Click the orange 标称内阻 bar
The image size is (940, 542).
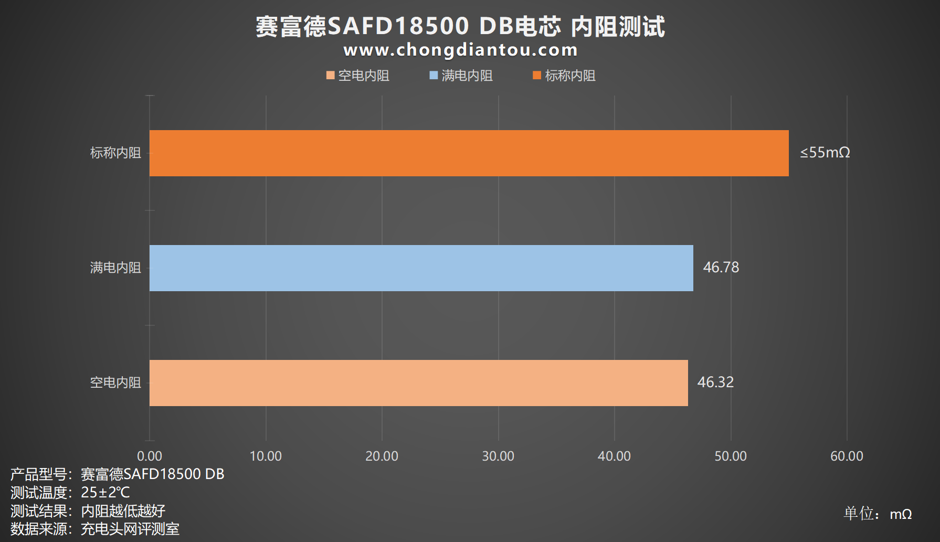pos(469,153)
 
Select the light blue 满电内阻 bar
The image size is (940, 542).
pos(421,268)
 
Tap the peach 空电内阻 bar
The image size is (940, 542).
pos(418,383)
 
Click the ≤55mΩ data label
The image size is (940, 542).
pos(825,153)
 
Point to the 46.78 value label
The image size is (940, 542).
pos(721,268)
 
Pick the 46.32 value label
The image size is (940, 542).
pos(715,382)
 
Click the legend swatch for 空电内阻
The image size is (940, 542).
pos(331,76)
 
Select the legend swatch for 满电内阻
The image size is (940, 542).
pos(434,76)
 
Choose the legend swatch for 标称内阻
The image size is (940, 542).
pos(537,76)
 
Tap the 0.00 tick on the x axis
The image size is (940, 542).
pos(150,456)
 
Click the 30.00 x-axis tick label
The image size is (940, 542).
pos(498,456)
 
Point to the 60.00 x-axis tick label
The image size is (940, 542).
pos(847,456)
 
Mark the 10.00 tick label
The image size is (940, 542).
pos(266,456)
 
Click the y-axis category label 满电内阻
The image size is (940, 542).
pos(115,268)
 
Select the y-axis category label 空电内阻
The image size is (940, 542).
pos(115,383)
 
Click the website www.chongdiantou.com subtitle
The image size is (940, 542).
pos(460,50)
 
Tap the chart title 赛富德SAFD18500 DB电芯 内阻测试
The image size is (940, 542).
pos(460,26)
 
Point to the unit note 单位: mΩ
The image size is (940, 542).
pos(877,514)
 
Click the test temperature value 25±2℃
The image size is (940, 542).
pos(105,493)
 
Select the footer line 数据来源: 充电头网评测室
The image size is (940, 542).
pos(95,529)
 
